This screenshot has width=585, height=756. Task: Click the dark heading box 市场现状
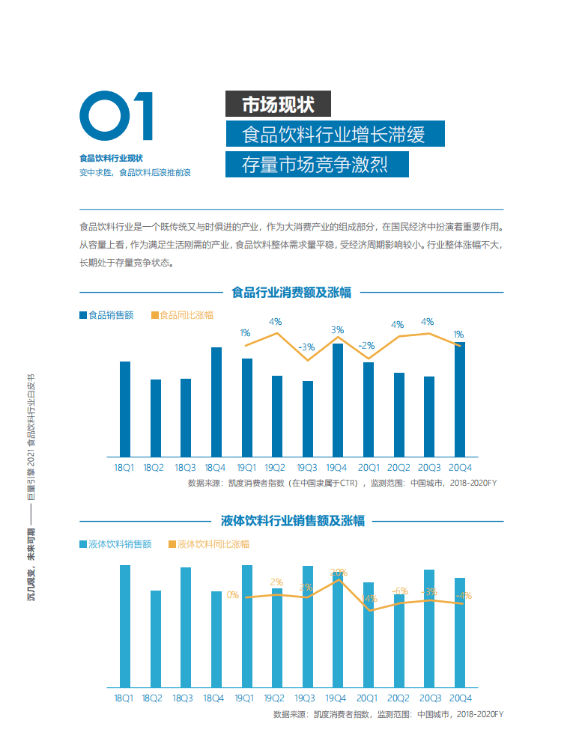[x=278, y=104]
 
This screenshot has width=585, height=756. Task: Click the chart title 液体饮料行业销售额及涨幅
[x=293, y=520]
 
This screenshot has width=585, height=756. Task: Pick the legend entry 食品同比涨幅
[x=182, y=315]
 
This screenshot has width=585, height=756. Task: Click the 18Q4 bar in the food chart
[x=216, y=401]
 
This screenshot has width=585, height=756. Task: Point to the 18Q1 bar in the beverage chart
[x=125, y=626]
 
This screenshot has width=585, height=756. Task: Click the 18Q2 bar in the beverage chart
[x=156, y=638]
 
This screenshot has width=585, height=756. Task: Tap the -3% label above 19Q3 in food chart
[x=306, y=347]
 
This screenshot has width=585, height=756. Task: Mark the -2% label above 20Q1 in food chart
[x=366, y=346]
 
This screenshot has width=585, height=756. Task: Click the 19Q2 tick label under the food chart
[x=276, y=467]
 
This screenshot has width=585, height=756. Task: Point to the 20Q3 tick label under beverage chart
[x=429, y=698]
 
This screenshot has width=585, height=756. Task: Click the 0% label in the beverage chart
[x=233, y=595]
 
